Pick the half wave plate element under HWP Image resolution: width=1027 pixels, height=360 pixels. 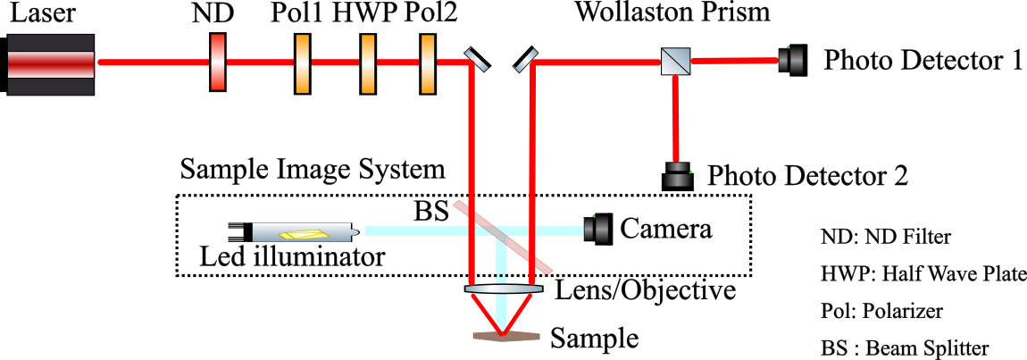click(x=366, y=62)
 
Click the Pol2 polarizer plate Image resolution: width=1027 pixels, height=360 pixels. click(x=427, y=62)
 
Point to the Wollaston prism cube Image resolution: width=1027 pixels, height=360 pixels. click(x=673, y=62)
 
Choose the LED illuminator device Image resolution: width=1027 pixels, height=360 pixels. click(x=294, y=232)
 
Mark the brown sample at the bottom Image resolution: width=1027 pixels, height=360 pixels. click(x=506, y=336)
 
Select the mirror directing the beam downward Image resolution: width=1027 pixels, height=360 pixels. click(x=477, y=60)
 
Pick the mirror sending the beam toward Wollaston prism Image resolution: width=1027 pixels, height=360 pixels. click(x=524, y=60)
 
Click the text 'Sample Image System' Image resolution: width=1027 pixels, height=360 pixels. click(x=312, y=168)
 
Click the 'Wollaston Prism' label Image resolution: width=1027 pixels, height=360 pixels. click(x=672, y=14)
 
